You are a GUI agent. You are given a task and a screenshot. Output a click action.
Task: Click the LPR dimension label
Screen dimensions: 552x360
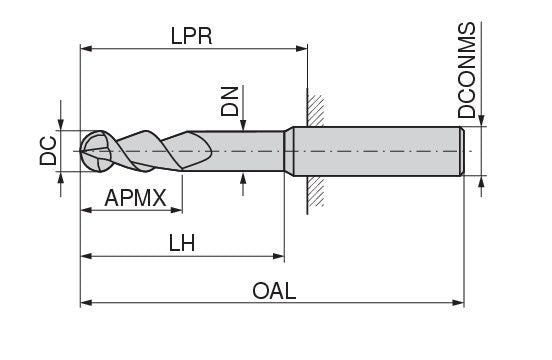point(192,36)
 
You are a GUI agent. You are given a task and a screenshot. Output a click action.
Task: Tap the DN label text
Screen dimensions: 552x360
point(230,101)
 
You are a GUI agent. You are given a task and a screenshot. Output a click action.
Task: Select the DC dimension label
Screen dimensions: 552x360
point(48,151)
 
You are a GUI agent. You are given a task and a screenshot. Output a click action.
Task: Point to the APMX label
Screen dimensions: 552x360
point(136,198)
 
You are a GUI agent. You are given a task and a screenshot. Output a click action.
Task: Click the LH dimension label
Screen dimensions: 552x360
point(182,243)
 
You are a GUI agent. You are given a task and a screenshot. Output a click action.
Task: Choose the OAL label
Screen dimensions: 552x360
point(274,291)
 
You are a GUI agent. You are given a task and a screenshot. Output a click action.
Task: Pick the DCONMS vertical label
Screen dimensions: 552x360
point(467,70)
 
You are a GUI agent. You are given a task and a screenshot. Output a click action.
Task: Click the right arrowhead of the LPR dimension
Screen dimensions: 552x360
point(302,48)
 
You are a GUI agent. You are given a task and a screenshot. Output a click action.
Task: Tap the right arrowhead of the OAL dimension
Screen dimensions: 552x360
point(458,303)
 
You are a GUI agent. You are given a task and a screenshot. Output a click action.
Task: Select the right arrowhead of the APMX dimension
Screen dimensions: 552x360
point(176,210)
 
